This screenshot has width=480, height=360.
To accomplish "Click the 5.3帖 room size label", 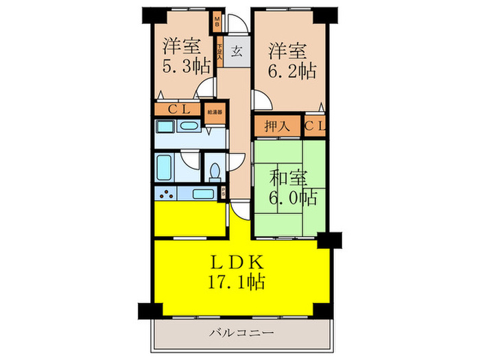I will (187, 67).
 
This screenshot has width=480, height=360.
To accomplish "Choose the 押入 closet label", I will (268, 126).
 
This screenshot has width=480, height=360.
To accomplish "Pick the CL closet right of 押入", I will (315, 126).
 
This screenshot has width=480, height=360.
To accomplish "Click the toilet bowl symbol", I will (215, 170).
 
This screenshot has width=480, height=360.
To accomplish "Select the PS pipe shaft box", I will (224, 193).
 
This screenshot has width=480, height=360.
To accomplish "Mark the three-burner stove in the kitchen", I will (166, 193).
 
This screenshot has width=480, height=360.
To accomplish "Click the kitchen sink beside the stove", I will (202, 193).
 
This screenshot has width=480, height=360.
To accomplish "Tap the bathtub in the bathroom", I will (165, 165).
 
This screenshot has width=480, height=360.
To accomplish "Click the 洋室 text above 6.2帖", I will (286, 49).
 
